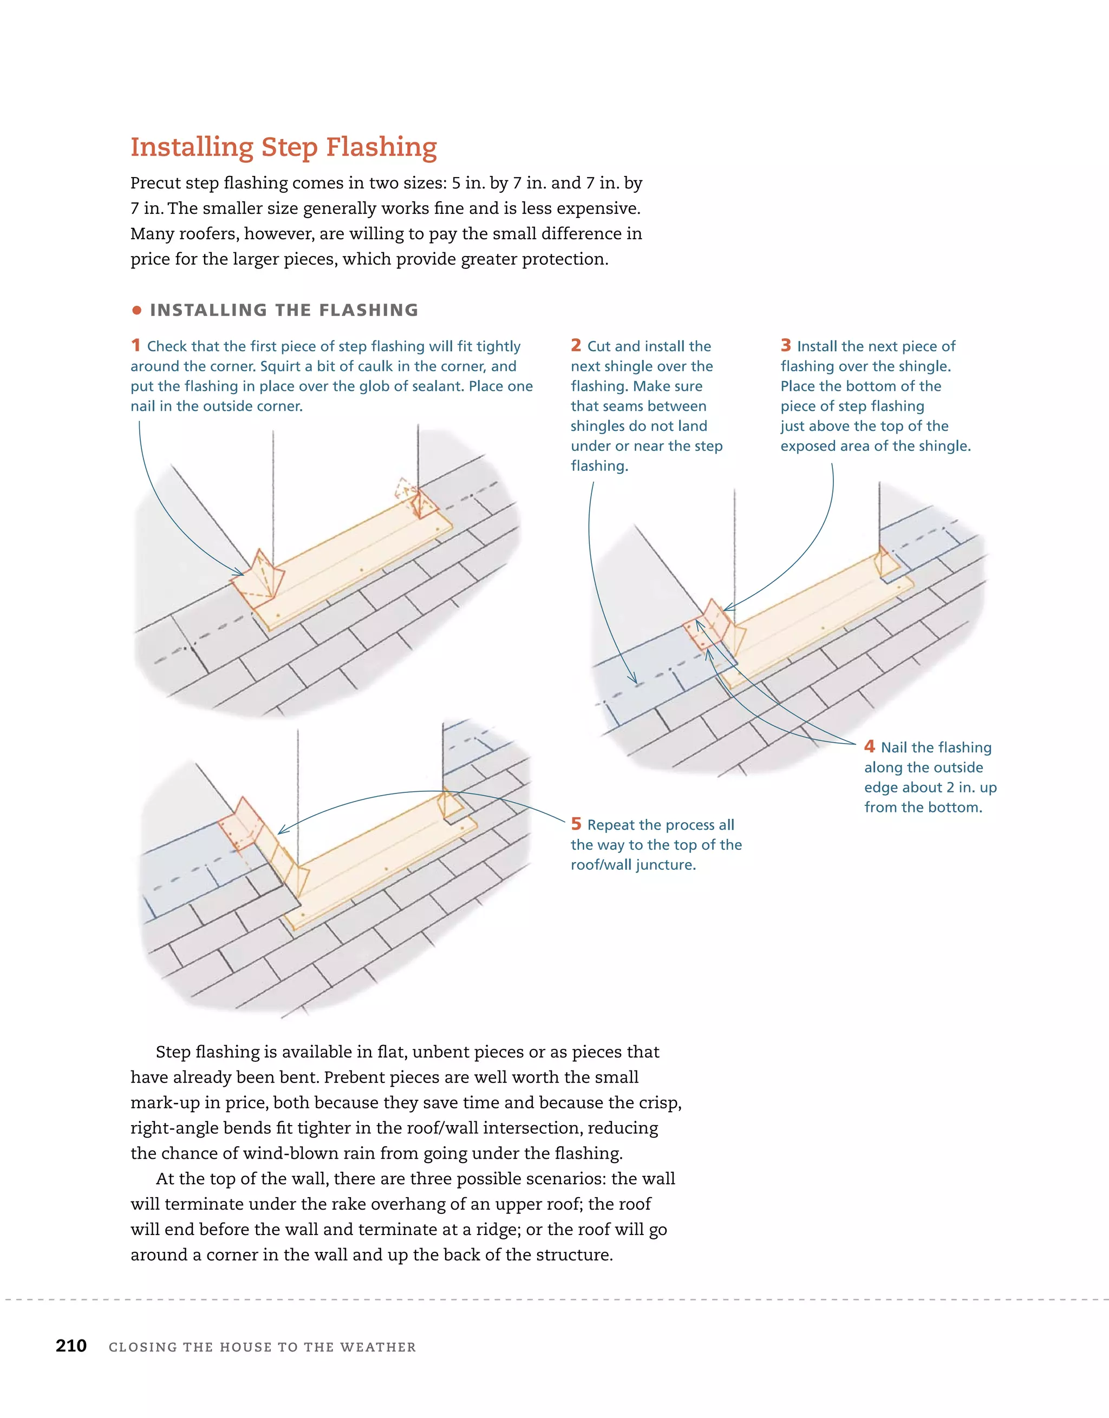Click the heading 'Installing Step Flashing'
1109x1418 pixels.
(283, 147)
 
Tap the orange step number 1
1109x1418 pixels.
(135, 345)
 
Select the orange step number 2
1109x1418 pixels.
(576, 345)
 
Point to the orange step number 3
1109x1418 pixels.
(786, 345)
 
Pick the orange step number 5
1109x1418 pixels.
(576, 823)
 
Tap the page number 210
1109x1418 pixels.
(71, 1345)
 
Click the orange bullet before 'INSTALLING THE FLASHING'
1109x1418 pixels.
(136, 310)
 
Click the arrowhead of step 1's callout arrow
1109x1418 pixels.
(241, 573)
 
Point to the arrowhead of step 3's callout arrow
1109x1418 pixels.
(726, 608)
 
